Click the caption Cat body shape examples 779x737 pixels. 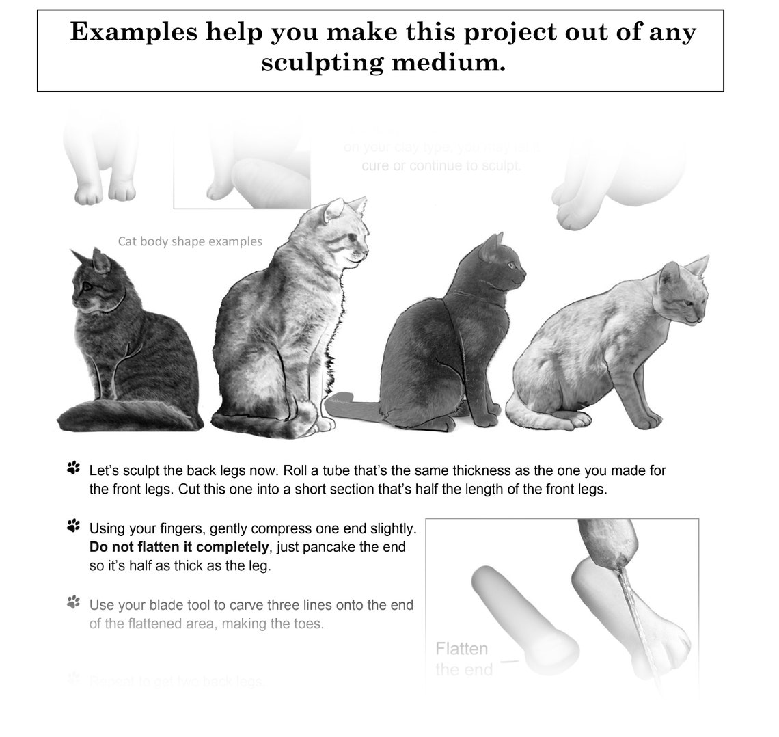coord(190,241)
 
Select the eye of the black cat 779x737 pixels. coord(509,265)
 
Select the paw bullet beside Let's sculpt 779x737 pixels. coord(73,468)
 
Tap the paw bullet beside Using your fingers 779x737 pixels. coord(73,526)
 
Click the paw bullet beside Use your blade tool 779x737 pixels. coord(73,602)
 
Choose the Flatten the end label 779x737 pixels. coord(463,658)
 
